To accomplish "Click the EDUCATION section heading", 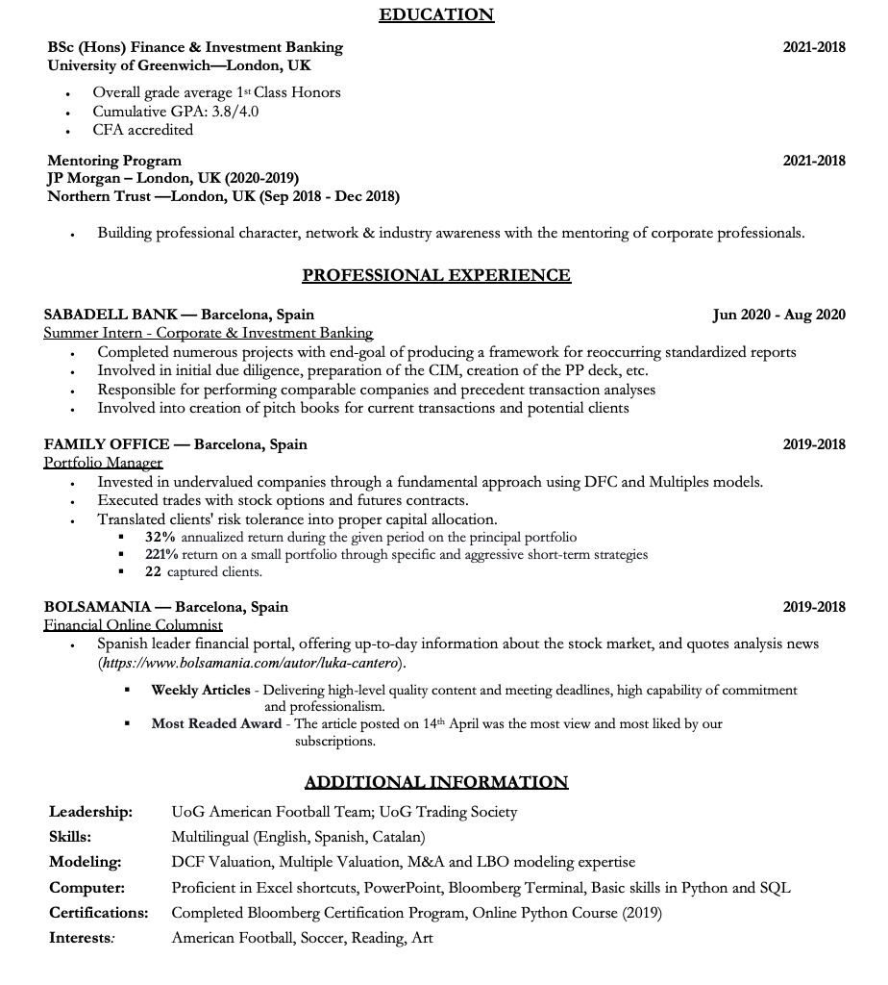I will (x=436, y=14).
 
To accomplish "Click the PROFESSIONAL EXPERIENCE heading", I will (x=436, y=276).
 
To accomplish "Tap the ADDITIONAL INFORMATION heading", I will (x=436, y=782).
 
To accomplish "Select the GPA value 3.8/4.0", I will (x=235, y=112).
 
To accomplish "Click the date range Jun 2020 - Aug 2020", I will (x=778, y=315).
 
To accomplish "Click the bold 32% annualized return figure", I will (x=160, y=537).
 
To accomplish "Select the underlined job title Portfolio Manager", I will (x=103, y=463).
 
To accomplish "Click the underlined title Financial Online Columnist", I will (x=133, y=625).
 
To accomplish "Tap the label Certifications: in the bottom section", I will (x=98, y=913).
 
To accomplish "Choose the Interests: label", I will (x=82, y=938).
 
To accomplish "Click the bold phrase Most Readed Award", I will (x=216, y=723).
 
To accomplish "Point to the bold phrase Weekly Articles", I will (x=200, y=690).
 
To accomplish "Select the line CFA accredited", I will (x=142, y=130).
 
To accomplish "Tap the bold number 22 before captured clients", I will (x=153, y=571).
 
